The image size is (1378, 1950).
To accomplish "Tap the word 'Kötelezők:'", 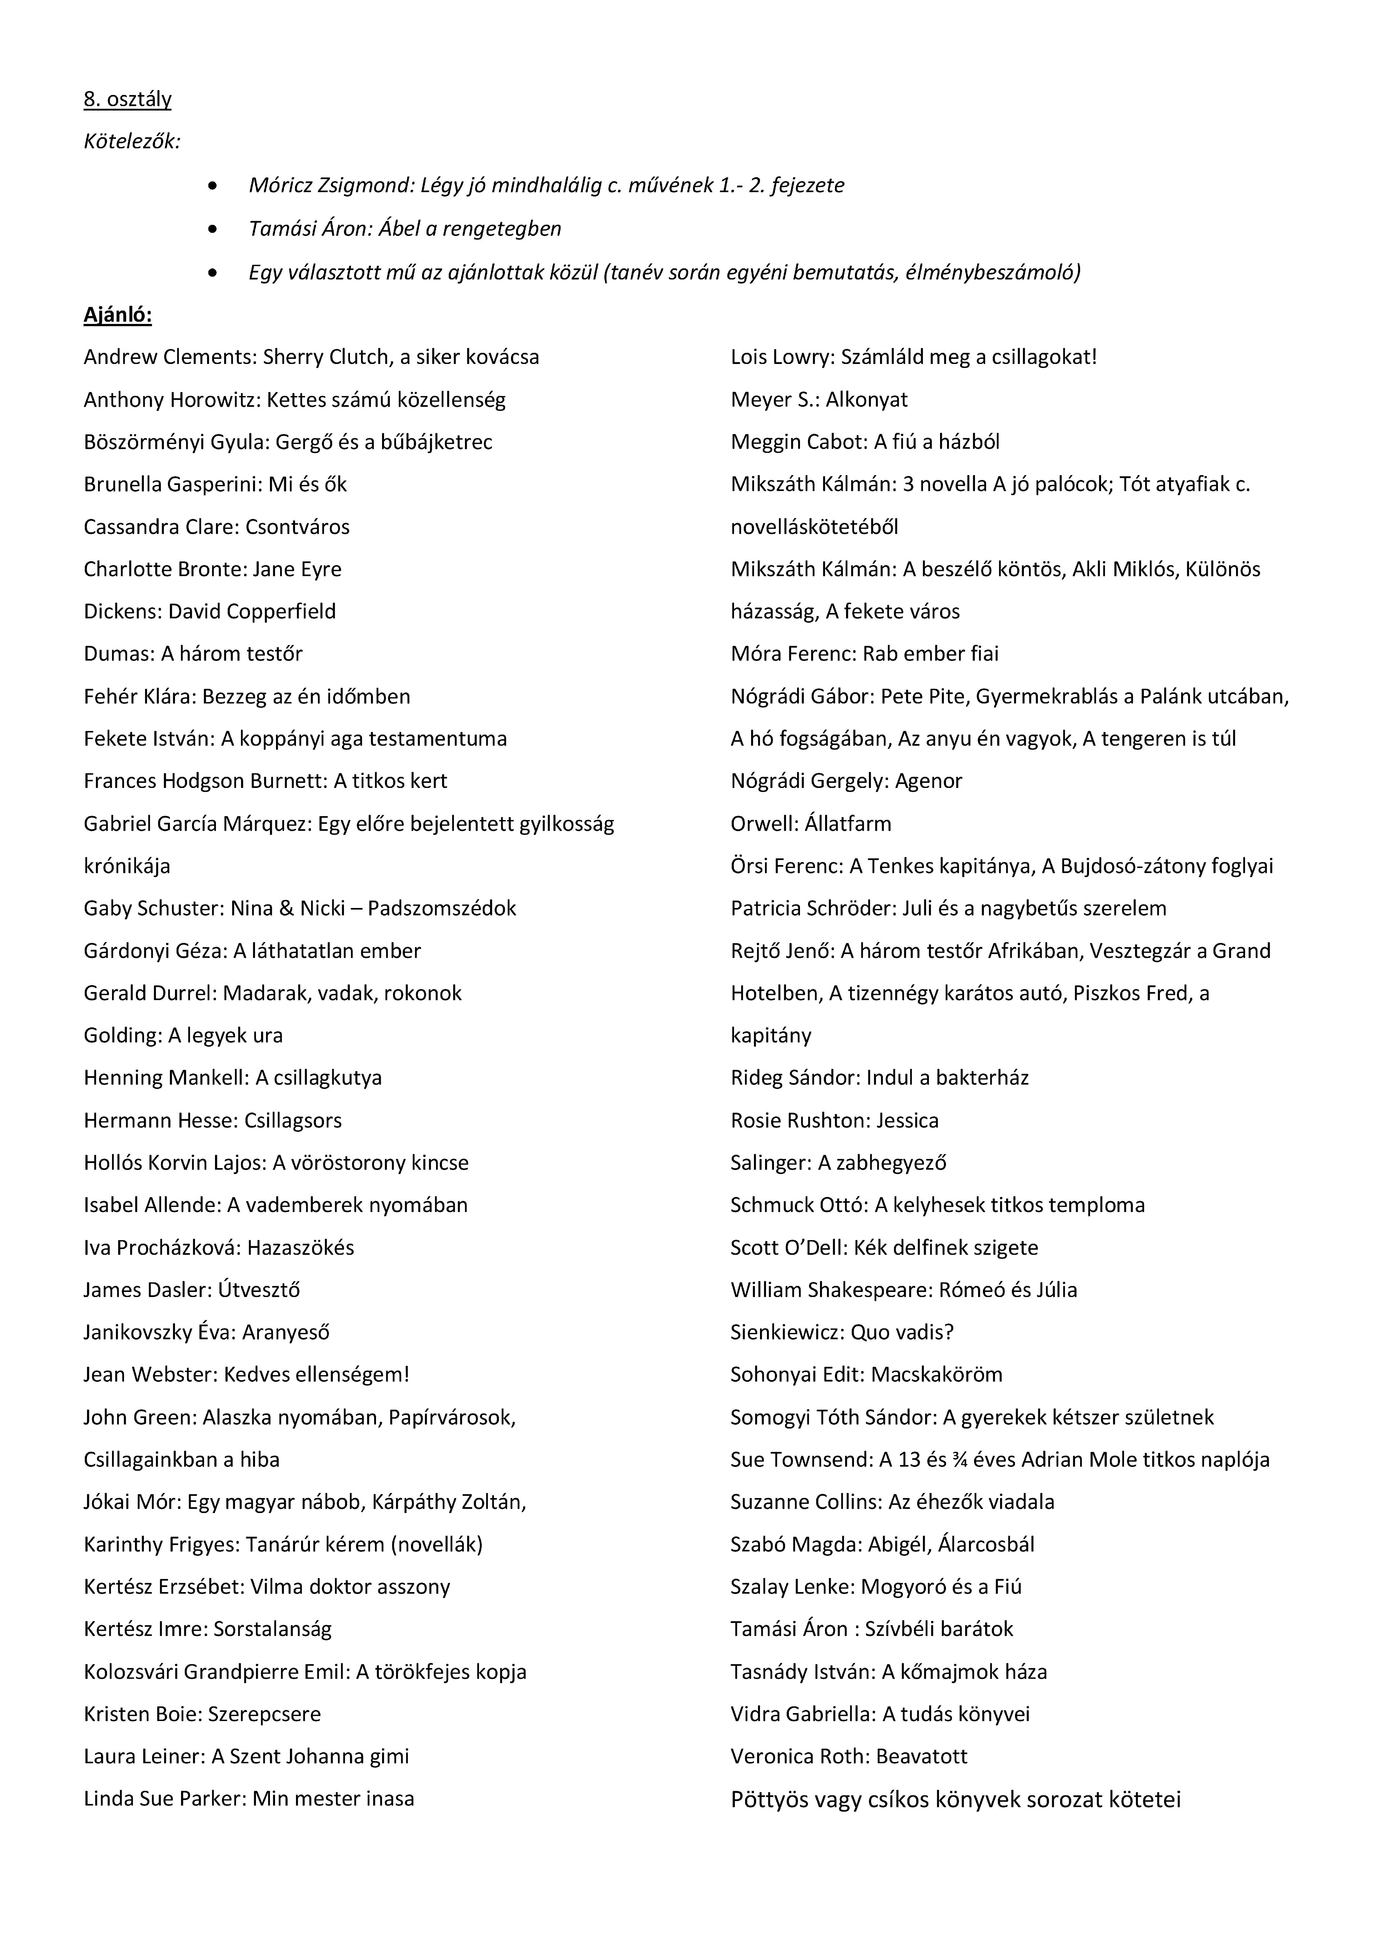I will [131, 142].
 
